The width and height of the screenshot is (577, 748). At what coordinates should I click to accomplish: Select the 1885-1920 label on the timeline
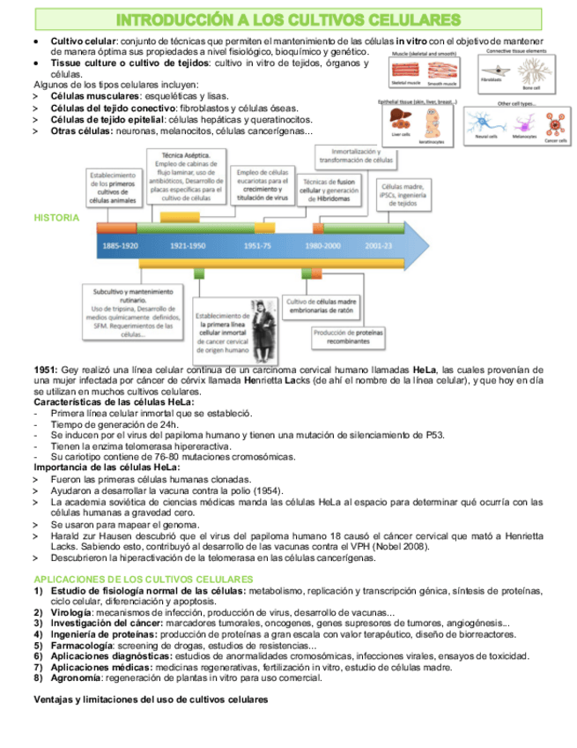[120, 245]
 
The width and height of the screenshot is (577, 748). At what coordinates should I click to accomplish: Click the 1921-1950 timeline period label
[188, 245]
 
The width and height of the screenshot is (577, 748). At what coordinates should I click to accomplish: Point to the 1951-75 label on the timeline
[256, 245]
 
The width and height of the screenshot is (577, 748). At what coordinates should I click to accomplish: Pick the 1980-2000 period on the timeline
[322, 245]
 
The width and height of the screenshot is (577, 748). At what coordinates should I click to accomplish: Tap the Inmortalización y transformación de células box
[356, 155]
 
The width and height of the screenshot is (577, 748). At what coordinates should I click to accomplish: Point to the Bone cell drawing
[532, 76]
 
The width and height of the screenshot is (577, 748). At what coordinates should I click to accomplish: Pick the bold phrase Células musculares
[92, 95]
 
